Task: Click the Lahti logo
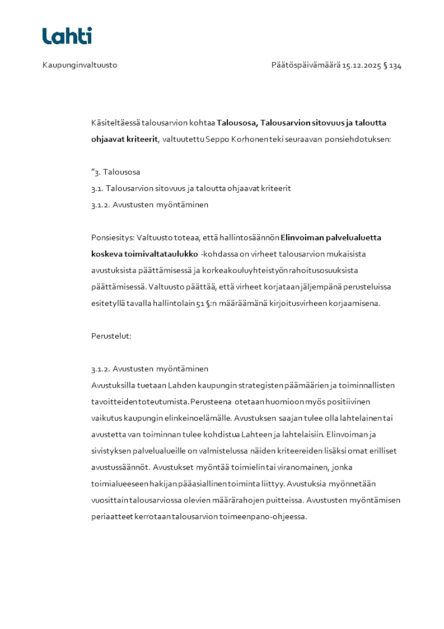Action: tap(67, 36)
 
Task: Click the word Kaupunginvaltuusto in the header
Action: tap(80, 66)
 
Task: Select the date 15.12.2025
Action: tap(362, 66)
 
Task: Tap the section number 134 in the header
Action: tap(395, 66)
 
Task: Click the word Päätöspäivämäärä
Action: tap(306, 66)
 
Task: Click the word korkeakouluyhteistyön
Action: tap(247, 271)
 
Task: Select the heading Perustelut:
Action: tap(111, 337)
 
